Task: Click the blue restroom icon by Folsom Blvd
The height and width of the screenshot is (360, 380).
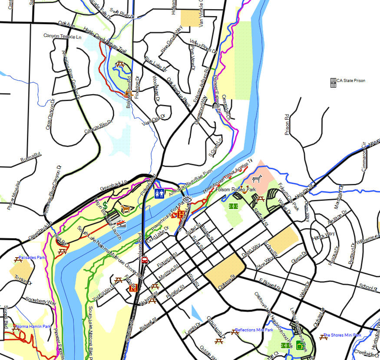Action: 159,193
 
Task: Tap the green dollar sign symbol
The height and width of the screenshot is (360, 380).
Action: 105,204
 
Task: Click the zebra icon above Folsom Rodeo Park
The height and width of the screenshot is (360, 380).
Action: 257,178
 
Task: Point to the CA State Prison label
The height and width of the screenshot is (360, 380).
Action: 350,81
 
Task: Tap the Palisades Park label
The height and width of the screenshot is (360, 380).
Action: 32,257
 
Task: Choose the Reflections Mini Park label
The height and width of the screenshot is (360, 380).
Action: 254,330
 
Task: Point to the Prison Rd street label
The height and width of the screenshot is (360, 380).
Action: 287,124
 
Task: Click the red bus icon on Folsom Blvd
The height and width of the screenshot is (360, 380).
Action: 144,260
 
